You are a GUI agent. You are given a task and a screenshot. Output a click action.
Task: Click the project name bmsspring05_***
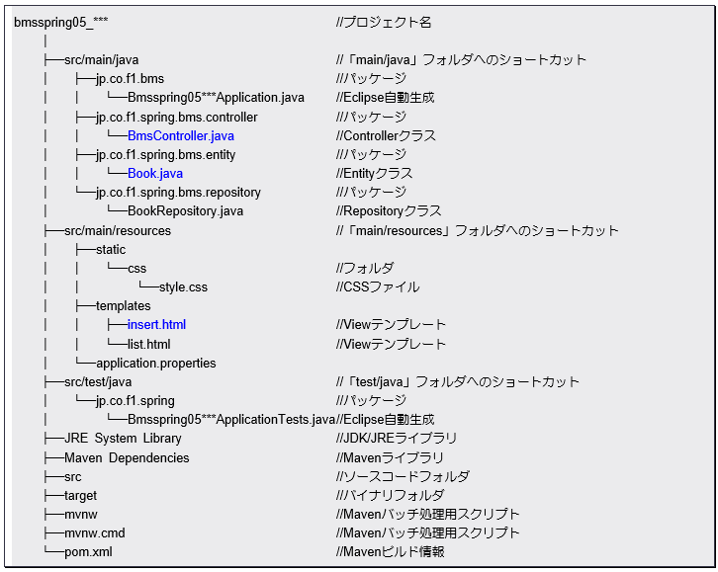pos(60,23)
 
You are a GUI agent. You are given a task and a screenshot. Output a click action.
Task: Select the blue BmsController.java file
pos(180,136)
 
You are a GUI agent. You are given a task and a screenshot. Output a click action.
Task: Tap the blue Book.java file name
pos(154,174)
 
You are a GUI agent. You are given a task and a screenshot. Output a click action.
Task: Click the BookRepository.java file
pos(185,211)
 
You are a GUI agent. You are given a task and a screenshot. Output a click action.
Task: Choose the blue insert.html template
pos(156,325)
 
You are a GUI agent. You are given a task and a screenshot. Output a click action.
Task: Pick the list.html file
pos(148,345)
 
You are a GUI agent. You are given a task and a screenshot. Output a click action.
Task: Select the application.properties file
pos(155,364)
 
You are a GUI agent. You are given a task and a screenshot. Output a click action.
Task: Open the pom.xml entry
pos(88,552)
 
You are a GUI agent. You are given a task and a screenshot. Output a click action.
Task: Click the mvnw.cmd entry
pos(95,533)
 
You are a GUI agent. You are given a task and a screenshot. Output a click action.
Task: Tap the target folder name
pos(81,496)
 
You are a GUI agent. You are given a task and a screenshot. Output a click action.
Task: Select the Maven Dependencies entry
pos(127,458)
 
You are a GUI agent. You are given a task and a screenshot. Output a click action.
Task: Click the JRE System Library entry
pos(123,439)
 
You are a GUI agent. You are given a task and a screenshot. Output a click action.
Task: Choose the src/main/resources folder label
pos(118,231)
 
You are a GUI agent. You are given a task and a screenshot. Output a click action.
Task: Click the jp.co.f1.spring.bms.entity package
pos(165,155)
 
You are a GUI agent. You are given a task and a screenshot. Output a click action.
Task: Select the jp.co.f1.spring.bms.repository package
pos(178,193)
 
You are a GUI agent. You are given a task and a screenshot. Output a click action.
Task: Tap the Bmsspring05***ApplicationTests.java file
pos(230,420)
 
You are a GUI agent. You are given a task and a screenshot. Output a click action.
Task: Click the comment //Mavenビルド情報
pos(390,552)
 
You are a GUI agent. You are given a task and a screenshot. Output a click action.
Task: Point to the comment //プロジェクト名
pos(384,23)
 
